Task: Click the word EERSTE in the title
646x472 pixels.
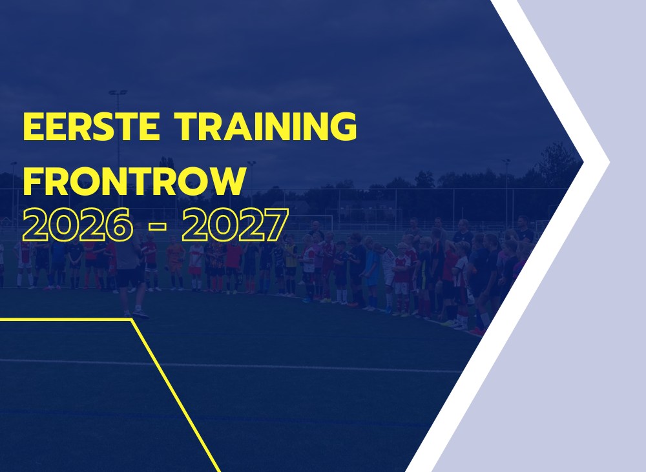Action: (92, 126)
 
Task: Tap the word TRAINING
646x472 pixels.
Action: (265, 126)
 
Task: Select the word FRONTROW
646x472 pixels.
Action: (135, 181)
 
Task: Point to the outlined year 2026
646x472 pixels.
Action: (78, 225)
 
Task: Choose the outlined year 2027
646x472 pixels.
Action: (235, 225)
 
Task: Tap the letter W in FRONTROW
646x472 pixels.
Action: (225, 181)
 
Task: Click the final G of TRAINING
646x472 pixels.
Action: (344, 126)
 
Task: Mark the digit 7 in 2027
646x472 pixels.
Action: (275, 225)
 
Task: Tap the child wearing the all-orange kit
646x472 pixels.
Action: (176, 263)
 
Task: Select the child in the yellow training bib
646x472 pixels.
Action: (291, 263)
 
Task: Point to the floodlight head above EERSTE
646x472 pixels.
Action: (118, 93)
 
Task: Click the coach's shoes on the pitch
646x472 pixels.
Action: (135, 314)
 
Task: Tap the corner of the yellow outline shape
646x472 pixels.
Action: (131, 319)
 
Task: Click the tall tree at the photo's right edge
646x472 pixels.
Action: (556, 165)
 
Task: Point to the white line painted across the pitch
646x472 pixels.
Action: (231, 365)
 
